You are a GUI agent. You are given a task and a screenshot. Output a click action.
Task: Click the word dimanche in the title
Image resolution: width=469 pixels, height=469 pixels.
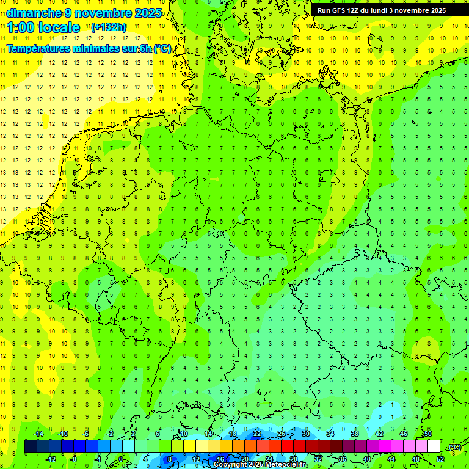coord(34,13)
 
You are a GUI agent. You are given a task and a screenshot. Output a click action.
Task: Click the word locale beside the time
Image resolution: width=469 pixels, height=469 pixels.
coord(60,27)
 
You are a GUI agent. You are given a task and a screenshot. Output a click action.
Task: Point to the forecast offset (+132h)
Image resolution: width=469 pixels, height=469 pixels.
coord(108,27)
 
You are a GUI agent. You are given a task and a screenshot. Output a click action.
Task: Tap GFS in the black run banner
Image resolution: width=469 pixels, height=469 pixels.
coord(338,10)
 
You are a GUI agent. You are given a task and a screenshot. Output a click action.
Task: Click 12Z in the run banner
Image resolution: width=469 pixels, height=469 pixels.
coord(352,10)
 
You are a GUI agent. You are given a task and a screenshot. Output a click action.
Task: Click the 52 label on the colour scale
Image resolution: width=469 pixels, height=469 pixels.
coord(440,459)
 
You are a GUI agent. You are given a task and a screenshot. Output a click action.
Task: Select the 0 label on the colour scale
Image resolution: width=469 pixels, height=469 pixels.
coord(120,459)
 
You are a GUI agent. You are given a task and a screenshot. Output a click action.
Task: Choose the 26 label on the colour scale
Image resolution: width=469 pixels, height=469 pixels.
coord(281,434)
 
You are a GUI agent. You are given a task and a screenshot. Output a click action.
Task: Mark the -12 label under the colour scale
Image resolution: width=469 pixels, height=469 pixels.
coord(51,459)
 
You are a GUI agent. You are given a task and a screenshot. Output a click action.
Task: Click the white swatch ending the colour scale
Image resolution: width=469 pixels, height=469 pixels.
coord(434,446)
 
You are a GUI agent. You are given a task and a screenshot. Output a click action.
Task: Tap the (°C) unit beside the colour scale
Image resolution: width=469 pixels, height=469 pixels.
coord(454,447)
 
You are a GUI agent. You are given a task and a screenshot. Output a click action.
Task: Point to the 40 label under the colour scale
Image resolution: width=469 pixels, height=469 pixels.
coord(366,459)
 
